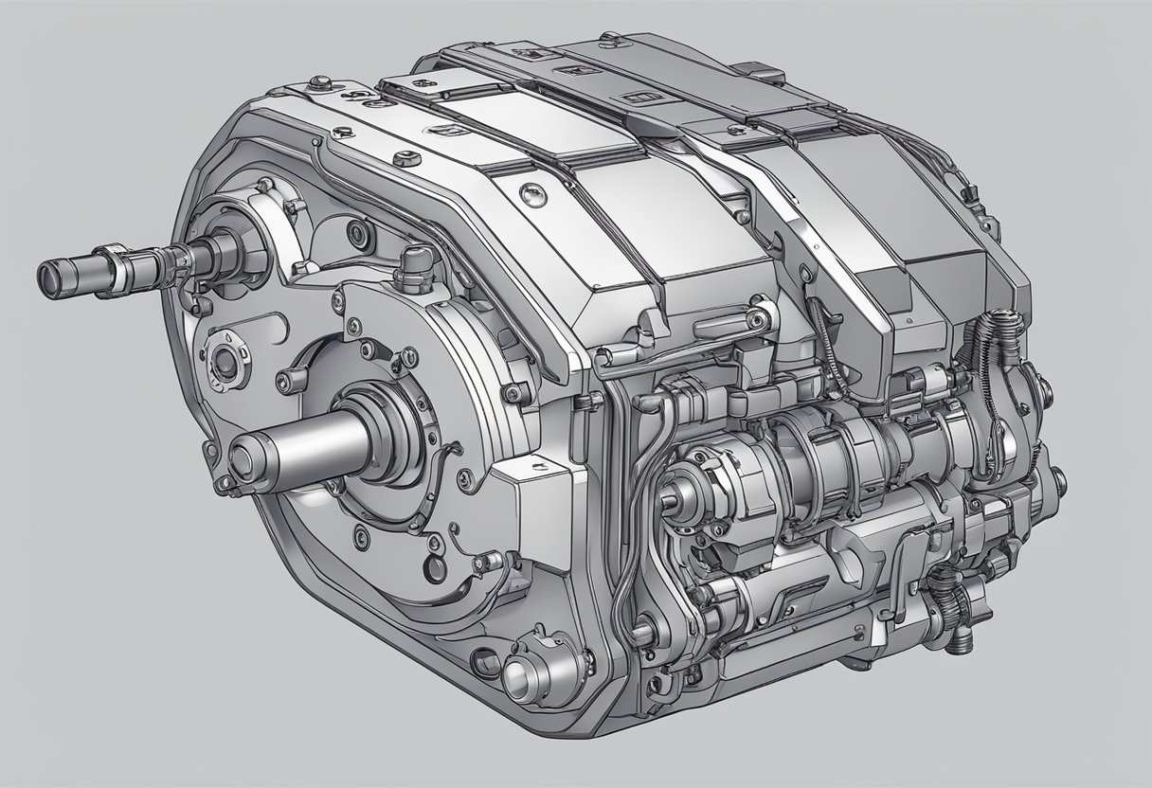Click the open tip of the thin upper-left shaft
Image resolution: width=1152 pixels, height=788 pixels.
click(47, 276)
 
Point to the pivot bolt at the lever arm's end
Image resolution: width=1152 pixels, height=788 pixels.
click(759, 306)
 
